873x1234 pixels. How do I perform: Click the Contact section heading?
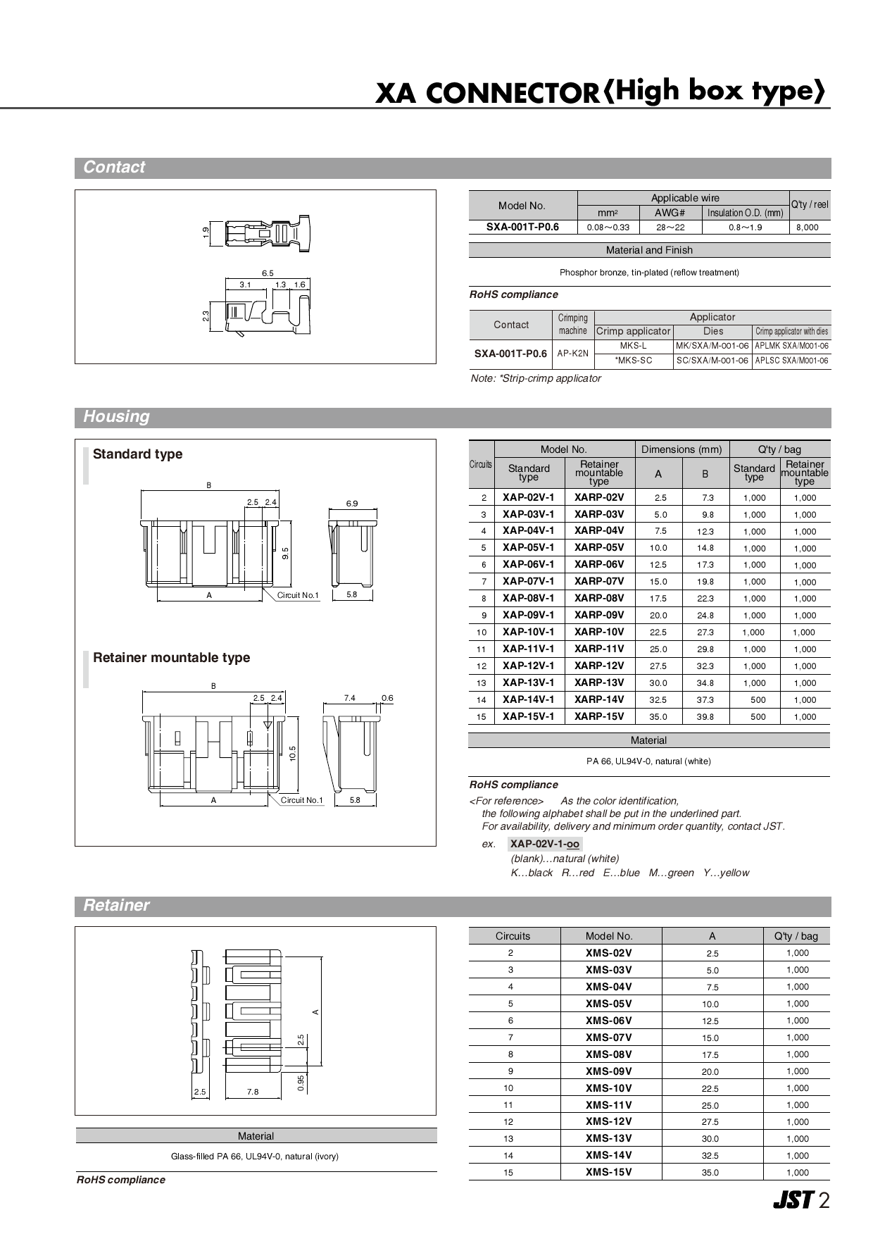[114, 168]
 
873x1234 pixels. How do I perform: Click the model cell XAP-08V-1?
[528, 598]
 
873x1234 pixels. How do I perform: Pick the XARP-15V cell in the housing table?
[599, 716]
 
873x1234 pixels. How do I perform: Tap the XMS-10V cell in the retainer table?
[609, 1088]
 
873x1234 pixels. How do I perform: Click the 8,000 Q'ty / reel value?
[808, 228]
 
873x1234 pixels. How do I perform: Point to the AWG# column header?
[670, 213]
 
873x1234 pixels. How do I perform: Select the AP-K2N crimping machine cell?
[572, 354]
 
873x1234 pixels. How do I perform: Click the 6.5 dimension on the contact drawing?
[268, 273]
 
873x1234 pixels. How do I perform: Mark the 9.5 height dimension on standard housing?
[285, 553]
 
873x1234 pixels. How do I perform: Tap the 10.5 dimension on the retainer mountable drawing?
[292, 753]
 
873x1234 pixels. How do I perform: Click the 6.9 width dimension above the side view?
[352, 504]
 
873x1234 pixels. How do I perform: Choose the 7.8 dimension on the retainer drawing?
[253, 1092]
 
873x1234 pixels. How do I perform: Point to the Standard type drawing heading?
[138, 454]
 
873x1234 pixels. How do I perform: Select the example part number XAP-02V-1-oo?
[545, 844]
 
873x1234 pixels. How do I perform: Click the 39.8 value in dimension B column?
[705, 717]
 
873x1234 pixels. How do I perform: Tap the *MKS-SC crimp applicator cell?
[634, 361]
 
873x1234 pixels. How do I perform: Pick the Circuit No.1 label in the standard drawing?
[298, 595]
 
